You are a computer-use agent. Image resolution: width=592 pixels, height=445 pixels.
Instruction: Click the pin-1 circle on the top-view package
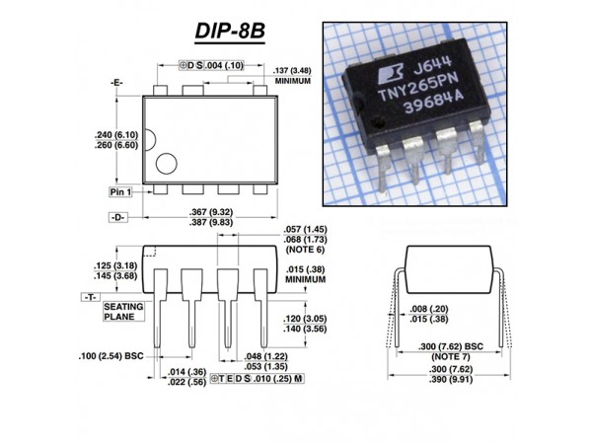pos(166,163)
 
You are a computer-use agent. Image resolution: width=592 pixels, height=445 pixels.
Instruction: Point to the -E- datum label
pos(117,82)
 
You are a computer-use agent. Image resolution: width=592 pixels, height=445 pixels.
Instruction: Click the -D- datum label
pos(117,215)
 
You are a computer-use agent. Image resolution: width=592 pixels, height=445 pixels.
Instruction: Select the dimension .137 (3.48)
pos(297,70)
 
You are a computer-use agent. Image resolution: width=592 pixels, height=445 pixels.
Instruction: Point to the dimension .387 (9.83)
pos(213,222)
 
